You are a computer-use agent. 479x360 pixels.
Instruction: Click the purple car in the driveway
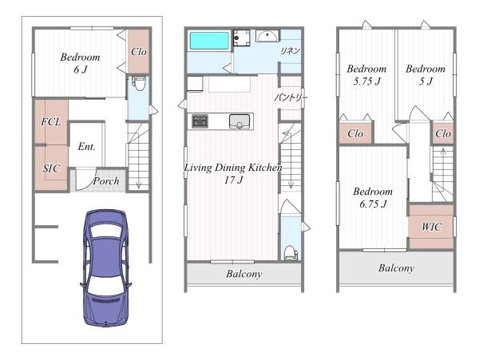click(105, 268)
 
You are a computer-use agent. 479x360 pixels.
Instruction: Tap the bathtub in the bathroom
click(209, 41)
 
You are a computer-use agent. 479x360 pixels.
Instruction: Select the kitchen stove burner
click(200, 121)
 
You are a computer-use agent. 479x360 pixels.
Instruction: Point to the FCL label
click(51, 122)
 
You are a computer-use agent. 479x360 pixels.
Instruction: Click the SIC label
click(51, 168)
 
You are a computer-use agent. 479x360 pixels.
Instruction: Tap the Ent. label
click(86, 147)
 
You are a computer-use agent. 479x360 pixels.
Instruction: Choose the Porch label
click(106, 181)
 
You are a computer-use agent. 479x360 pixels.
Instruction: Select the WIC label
click(431, 227)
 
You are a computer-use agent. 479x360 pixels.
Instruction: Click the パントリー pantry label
click(291, 97)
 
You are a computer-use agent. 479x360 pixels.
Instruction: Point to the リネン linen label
click(290, 50)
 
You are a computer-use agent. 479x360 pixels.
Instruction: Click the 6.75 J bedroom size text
click(373, 204)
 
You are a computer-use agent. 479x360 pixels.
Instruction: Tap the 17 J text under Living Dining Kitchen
click(233, 180)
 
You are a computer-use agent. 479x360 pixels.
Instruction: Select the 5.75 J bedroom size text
click(367, 81)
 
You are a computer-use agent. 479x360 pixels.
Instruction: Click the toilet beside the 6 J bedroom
click(139, 83)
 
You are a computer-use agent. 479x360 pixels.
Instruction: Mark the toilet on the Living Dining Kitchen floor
click(291, 253)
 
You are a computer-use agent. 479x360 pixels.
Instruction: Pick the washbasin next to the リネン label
click(267, 36)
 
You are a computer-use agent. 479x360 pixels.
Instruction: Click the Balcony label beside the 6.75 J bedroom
click(396, 268)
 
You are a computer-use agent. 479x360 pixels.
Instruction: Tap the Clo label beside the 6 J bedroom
click(139, 52)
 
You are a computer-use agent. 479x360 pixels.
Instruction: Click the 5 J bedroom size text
click(426, 81)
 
